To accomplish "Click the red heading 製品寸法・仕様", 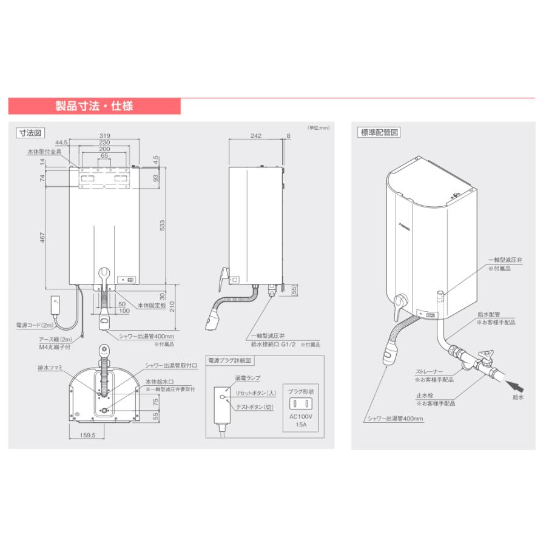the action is [94, 106].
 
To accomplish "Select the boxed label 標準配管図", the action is [379, 132].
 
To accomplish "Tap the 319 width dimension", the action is [104, 136].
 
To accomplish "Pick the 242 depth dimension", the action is [255, 136].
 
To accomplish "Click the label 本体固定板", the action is [152, 306].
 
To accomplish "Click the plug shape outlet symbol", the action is [302, 403].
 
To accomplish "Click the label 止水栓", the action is [423, 396].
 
